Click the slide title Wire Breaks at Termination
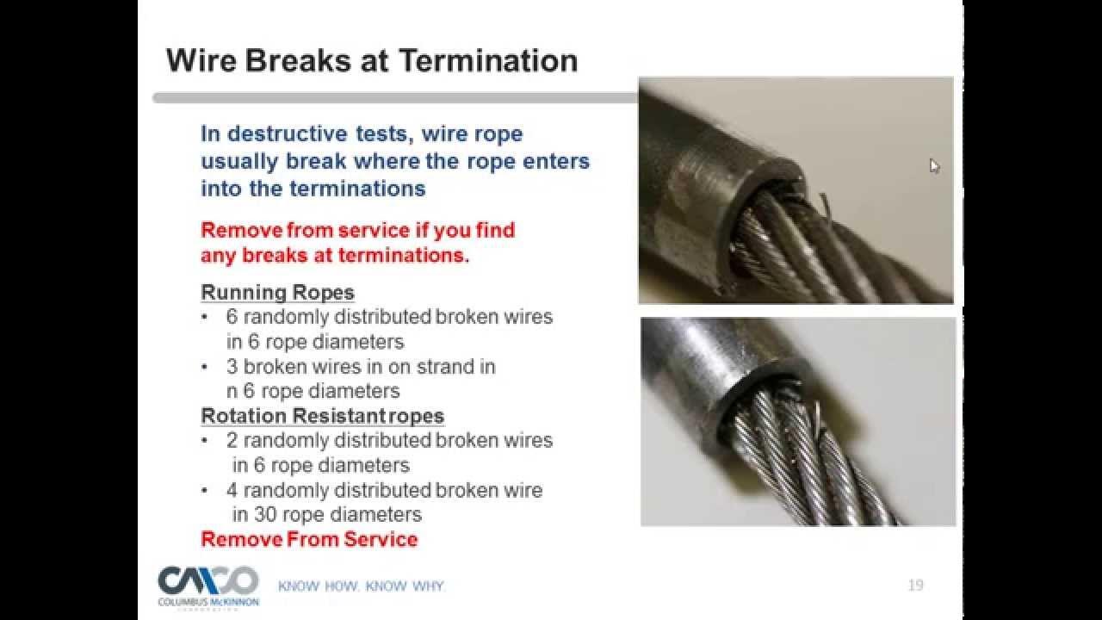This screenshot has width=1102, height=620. pos(371,61)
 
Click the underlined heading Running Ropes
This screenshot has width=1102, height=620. pos(277,292)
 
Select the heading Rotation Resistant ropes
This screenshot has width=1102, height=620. pos(322,416)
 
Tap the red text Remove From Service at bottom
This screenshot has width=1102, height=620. pos(309,540)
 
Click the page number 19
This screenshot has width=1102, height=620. pos(915,586)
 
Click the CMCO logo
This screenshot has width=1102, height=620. pos(207,580)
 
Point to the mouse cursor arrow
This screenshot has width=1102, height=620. pos(934,165)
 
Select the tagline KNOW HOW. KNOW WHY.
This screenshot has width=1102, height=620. pos(361,586)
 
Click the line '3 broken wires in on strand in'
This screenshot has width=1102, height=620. pos(360,366)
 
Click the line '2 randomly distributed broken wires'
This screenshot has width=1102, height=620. pos(388,440)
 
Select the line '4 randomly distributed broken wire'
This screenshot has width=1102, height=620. pos(384,490)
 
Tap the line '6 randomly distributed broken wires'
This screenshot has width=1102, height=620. pos(388,316)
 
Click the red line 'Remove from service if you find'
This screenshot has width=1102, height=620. pos(357,231)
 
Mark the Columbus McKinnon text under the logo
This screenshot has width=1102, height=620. pos(208,602)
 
